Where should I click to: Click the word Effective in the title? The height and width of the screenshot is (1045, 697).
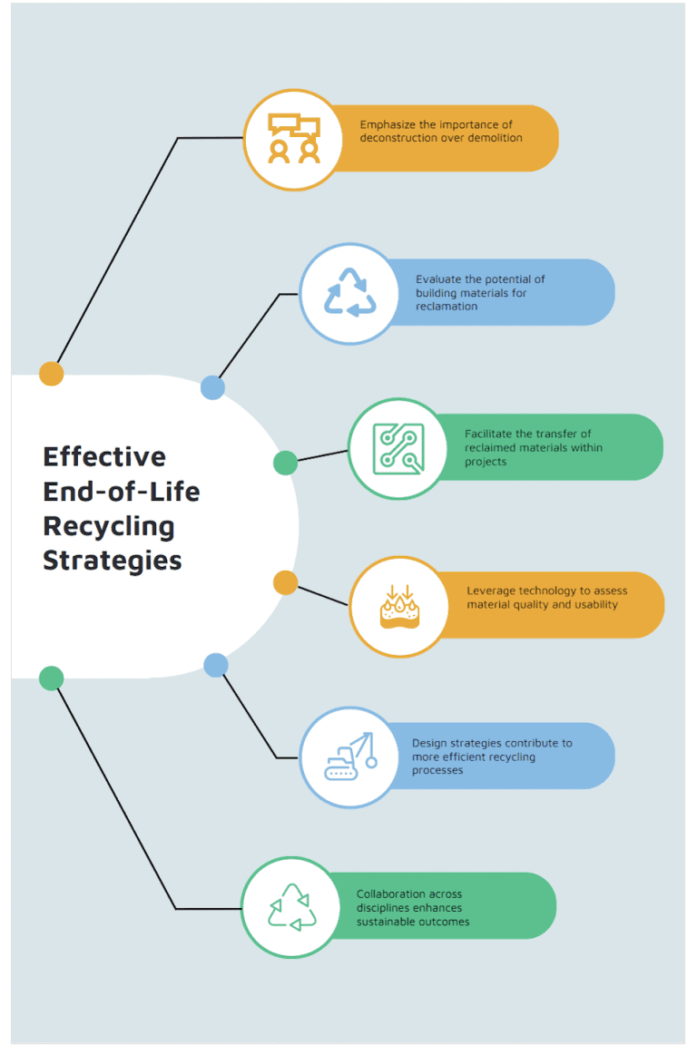pos(104,455)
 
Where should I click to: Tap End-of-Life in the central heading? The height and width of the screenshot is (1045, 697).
pos(122,491)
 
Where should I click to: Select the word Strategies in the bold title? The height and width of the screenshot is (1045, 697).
pos(113,560)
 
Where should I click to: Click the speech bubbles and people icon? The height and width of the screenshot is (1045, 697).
pos(293,140)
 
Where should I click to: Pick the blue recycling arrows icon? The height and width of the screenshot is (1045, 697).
pos(349,293)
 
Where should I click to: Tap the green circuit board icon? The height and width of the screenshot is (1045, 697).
pos(398,448)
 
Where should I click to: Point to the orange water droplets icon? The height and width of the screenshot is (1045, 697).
pos(399,606)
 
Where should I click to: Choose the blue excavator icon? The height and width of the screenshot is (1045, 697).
pos(349,757)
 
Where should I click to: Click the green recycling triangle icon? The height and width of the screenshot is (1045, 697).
pos(292,907)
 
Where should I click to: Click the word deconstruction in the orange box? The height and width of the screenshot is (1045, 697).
pos(396,138)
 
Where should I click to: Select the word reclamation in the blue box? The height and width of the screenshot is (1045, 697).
pos(447,307)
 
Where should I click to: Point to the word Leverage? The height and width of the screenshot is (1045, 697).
pos(492,591)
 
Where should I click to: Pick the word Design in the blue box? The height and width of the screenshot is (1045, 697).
pos(429,743)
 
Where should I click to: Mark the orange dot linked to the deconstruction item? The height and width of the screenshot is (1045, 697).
pos(52,374)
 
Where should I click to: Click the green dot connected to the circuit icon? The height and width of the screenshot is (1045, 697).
pos(285,463)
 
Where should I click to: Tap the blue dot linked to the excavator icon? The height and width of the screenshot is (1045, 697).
pos(215,666)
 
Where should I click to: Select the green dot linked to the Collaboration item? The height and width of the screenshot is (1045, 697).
pos(52,678)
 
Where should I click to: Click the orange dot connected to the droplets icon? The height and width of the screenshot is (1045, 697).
pos(285,583)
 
